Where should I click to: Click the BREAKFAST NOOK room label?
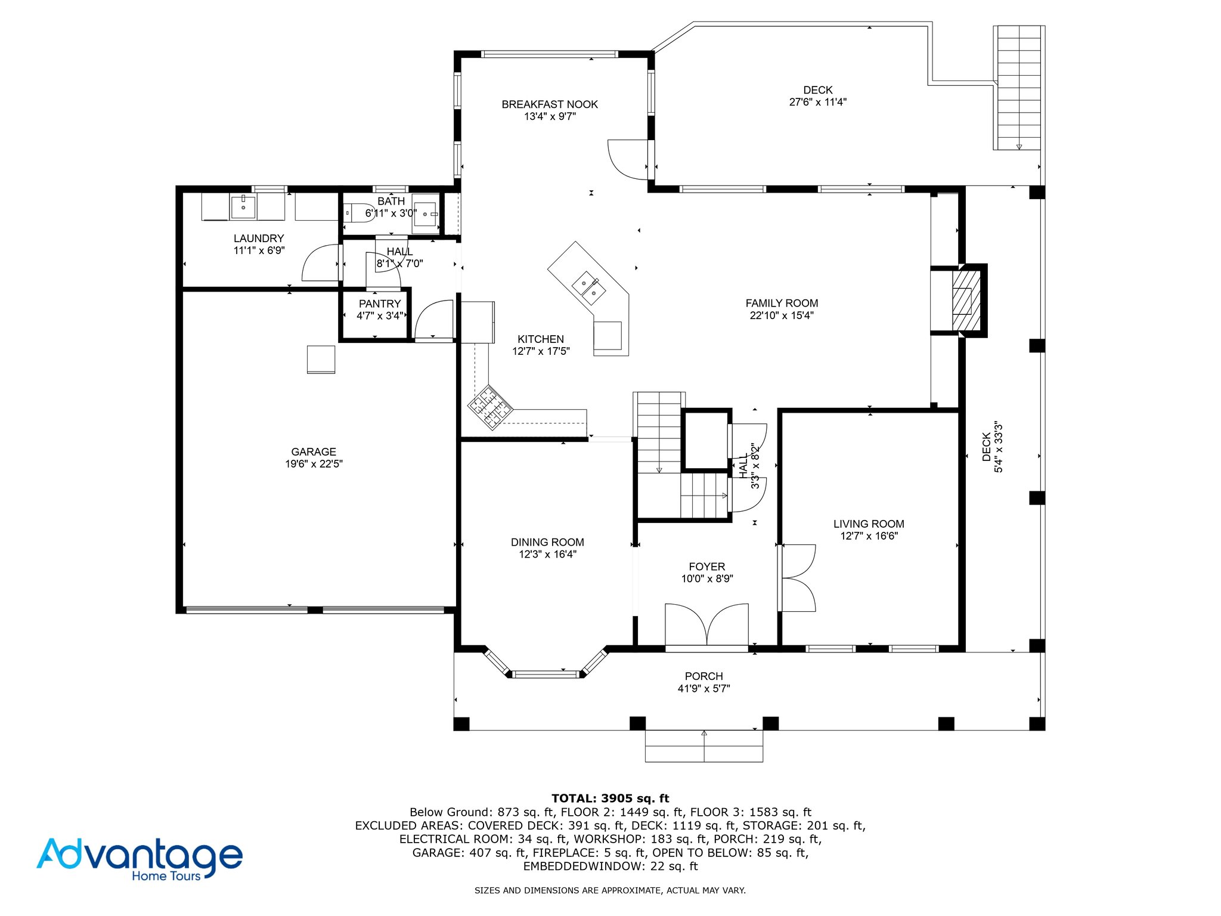pos(550,104)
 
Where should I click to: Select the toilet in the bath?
pos(358,212)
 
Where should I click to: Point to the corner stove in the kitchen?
pos(490,407)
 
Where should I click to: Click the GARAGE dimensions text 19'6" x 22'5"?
pos(314,464)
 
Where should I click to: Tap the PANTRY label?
pos(380,304)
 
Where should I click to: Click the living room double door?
pos(798,577)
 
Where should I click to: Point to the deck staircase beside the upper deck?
pos(1019,88)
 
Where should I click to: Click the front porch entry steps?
pos(704,746)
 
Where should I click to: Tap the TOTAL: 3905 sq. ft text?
pos(610,799)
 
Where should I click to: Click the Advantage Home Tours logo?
pos(140,859)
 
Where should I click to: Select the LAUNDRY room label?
pos(259,239)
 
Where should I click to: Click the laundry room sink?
pos(243,206)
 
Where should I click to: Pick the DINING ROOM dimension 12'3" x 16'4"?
pos(547,555)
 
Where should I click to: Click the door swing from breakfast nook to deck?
pos(628,159)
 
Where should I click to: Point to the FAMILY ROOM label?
pos(782,303)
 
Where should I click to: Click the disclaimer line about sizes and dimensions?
pos(610,890)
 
